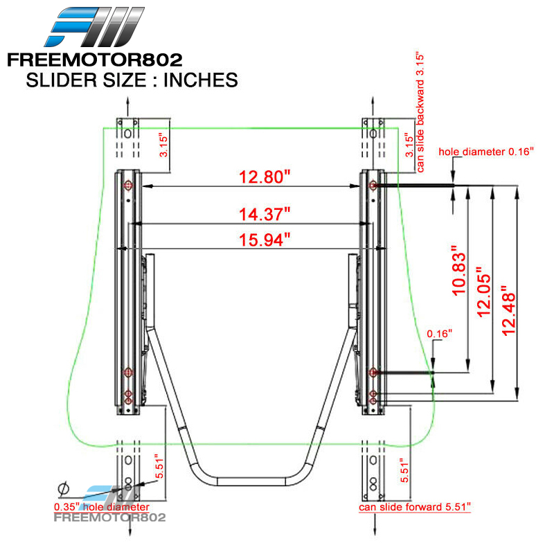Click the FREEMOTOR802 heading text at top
pyautogui.click(x=95, y=60)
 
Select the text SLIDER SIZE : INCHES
pyautogui.click(x=132, y=80)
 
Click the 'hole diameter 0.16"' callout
pyautogui.click(x=485, y=150)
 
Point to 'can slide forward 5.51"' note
pyautogui.click(x=414, y=508)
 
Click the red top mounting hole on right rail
pyautogui.click(x=374, y=185)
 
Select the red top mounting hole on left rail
pyautogui.click(x=128, y=185)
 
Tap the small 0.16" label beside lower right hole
pyautogui.click(x=439, y=334)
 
